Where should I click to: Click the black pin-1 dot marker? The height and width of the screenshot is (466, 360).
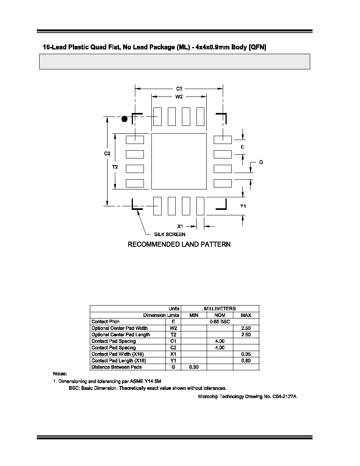124,119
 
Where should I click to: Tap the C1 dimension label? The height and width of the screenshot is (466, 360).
179,89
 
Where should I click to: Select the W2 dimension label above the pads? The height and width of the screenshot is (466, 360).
179,96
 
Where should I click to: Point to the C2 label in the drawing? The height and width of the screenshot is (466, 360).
107,153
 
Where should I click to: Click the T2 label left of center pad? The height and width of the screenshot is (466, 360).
115,167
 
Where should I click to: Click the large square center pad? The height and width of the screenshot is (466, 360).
179,161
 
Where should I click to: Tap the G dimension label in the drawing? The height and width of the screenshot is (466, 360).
261,162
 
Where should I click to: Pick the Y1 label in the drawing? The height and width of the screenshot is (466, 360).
243,206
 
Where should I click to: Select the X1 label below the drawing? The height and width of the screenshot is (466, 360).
180,226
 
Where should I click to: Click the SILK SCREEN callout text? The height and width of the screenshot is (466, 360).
169,234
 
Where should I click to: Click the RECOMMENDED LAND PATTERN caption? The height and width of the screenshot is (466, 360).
179,244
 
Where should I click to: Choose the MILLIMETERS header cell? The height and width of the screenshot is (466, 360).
220,308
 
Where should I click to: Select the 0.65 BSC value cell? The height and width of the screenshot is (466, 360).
220,322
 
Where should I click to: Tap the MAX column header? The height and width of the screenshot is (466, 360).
246,315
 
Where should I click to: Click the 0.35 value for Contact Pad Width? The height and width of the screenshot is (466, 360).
246,354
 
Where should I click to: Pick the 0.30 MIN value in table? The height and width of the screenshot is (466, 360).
194,367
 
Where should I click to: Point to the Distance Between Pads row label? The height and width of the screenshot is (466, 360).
116,367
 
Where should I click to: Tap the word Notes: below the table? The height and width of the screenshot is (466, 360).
60,373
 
